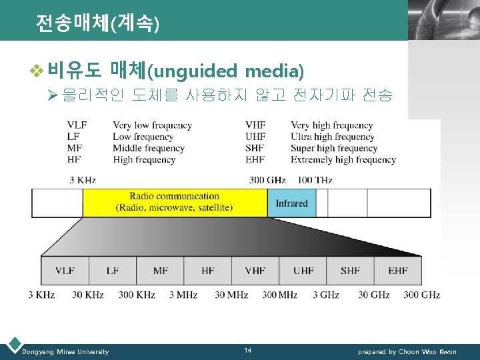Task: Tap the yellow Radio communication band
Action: tap(175, 202)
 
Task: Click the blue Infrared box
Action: tap(291, 203)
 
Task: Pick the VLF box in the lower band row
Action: tap(65, 271)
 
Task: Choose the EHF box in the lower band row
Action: tap(398, 271)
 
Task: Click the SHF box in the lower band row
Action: tap(350, 271)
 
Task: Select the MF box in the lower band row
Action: tap(160, 271)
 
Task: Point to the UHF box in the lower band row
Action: tap(303, 271)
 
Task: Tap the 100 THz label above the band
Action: tap(315, 180)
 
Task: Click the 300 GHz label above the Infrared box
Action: tap(267, 180)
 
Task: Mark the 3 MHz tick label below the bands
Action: tap(182, 295)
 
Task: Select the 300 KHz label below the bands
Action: tap(136, 295)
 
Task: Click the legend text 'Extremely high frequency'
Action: tap(343, 160)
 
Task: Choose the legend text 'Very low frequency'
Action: tap(152, 125)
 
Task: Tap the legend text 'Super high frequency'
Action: tap(334, 148)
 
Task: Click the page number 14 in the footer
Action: tap(247, 351)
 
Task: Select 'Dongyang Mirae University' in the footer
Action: tap(65, 351)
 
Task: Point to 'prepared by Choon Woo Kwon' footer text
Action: tap(407, 351)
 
